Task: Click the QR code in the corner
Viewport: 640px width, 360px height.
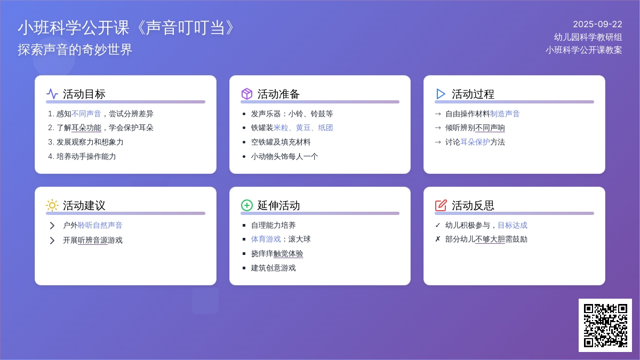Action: tap(605, 325)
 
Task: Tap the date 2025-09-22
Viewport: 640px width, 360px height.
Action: tap(597, 25)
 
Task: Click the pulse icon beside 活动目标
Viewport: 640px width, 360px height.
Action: tap(52, 94)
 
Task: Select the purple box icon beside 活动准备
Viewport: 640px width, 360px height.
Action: tap(246, 94)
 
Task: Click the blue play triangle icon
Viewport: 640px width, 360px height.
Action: tap(441, 94)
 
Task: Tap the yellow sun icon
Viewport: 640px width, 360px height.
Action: tap(52, 205)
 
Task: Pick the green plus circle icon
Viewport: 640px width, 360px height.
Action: tap(246, 205)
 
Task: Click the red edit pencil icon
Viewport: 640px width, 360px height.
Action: tap(441, 205)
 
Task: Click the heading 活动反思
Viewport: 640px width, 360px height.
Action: tap(473, 205)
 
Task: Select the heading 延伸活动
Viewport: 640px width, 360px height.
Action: tap(278, 205)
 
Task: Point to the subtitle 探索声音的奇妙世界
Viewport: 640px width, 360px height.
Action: tap(75, 50)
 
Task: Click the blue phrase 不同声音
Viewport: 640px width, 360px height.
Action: tap(86, 114)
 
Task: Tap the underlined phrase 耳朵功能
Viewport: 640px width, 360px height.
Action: tap(86, 127)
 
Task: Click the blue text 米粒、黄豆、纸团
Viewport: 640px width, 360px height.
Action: tap(303, 127)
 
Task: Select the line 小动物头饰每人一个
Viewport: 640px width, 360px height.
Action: tap(284, 156)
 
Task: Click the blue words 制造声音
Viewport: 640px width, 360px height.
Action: tap(505, 114)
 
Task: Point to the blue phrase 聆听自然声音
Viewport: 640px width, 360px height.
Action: tap(100, 225)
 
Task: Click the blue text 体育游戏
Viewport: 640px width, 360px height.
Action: tap(266, 239)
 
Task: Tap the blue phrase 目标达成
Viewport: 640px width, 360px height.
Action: tap(513, 225)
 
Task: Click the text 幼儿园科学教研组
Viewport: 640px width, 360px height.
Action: tap(588, 37)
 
